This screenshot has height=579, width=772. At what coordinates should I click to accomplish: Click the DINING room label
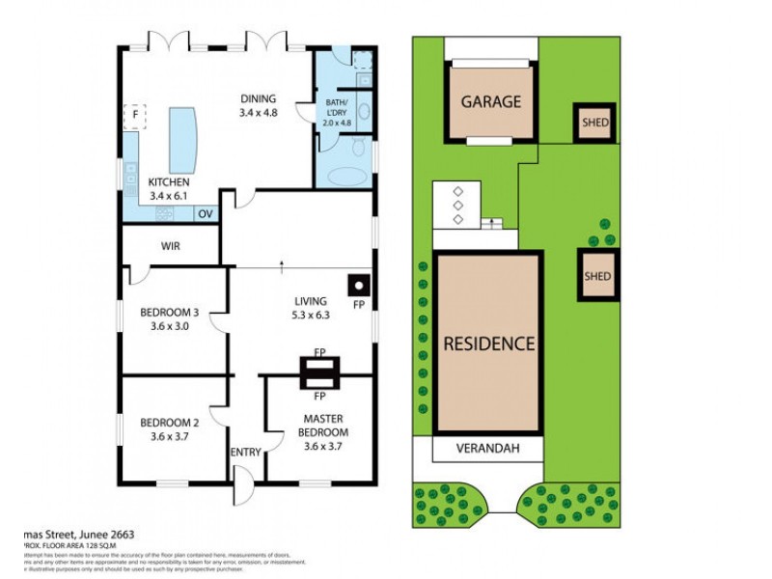coord(258,98)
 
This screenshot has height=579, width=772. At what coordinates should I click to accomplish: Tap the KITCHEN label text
coord(168,182)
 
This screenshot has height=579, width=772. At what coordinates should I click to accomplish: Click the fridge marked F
coord(135,117)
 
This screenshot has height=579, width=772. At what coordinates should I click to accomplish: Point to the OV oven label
coord(205,213)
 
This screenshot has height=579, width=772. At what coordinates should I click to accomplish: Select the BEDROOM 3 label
coord(169,312)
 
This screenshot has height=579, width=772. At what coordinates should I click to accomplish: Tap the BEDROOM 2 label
coord(169,422)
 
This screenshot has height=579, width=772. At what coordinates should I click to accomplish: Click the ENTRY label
coord(245,452)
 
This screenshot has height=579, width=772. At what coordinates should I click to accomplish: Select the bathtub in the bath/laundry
coord(343,178)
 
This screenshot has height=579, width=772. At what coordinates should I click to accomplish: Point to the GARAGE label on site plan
coord(490,101)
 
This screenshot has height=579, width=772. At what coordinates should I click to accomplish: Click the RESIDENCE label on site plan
coord(487,343)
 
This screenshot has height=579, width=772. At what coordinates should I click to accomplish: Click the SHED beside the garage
coord(593,123)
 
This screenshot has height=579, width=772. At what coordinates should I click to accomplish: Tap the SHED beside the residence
coord(597,276)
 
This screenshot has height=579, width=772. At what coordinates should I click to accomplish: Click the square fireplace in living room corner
coord(358,286)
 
